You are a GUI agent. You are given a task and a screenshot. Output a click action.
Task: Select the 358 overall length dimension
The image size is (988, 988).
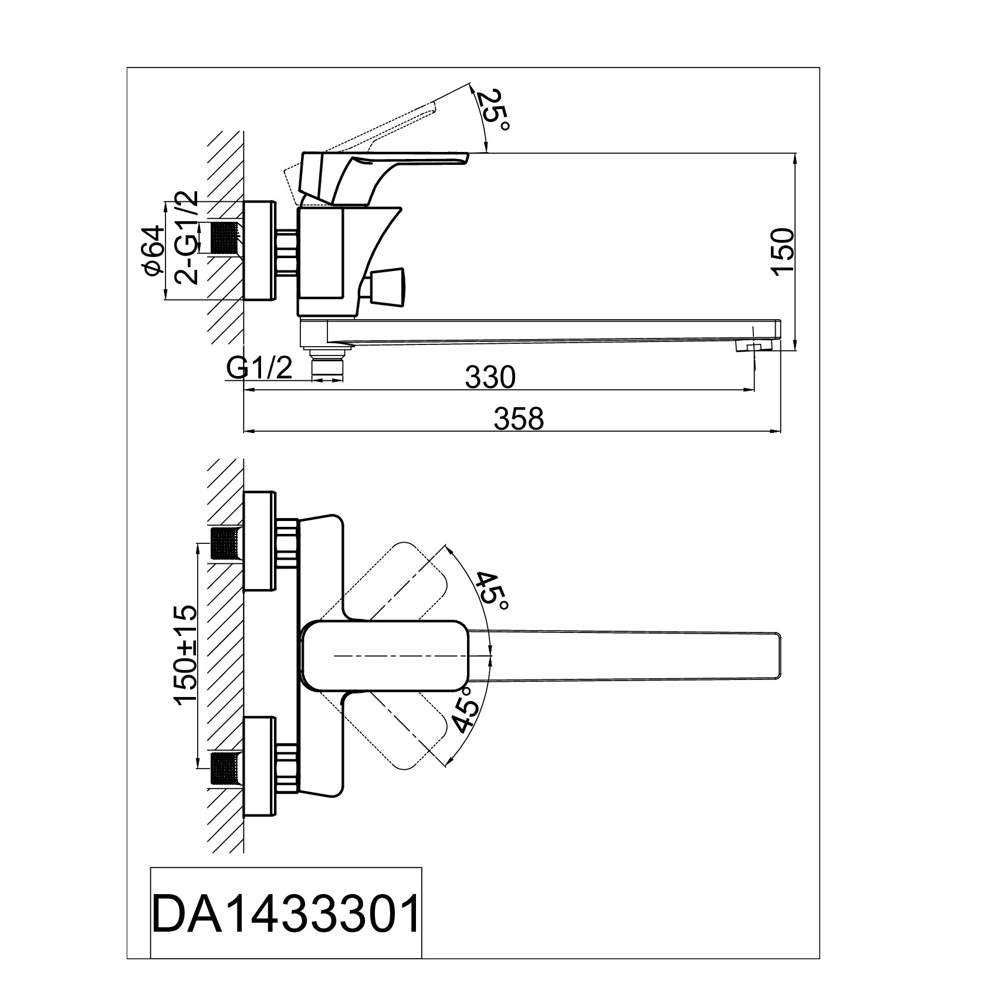[x=520, y=419]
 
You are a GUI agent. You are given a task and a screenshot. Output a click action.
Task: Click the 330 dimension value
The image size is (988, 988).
[x=490, y=377]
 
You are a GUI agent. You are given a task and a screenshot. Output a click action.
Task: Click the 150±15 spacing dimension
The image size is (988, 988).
[x=186, y=654]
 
